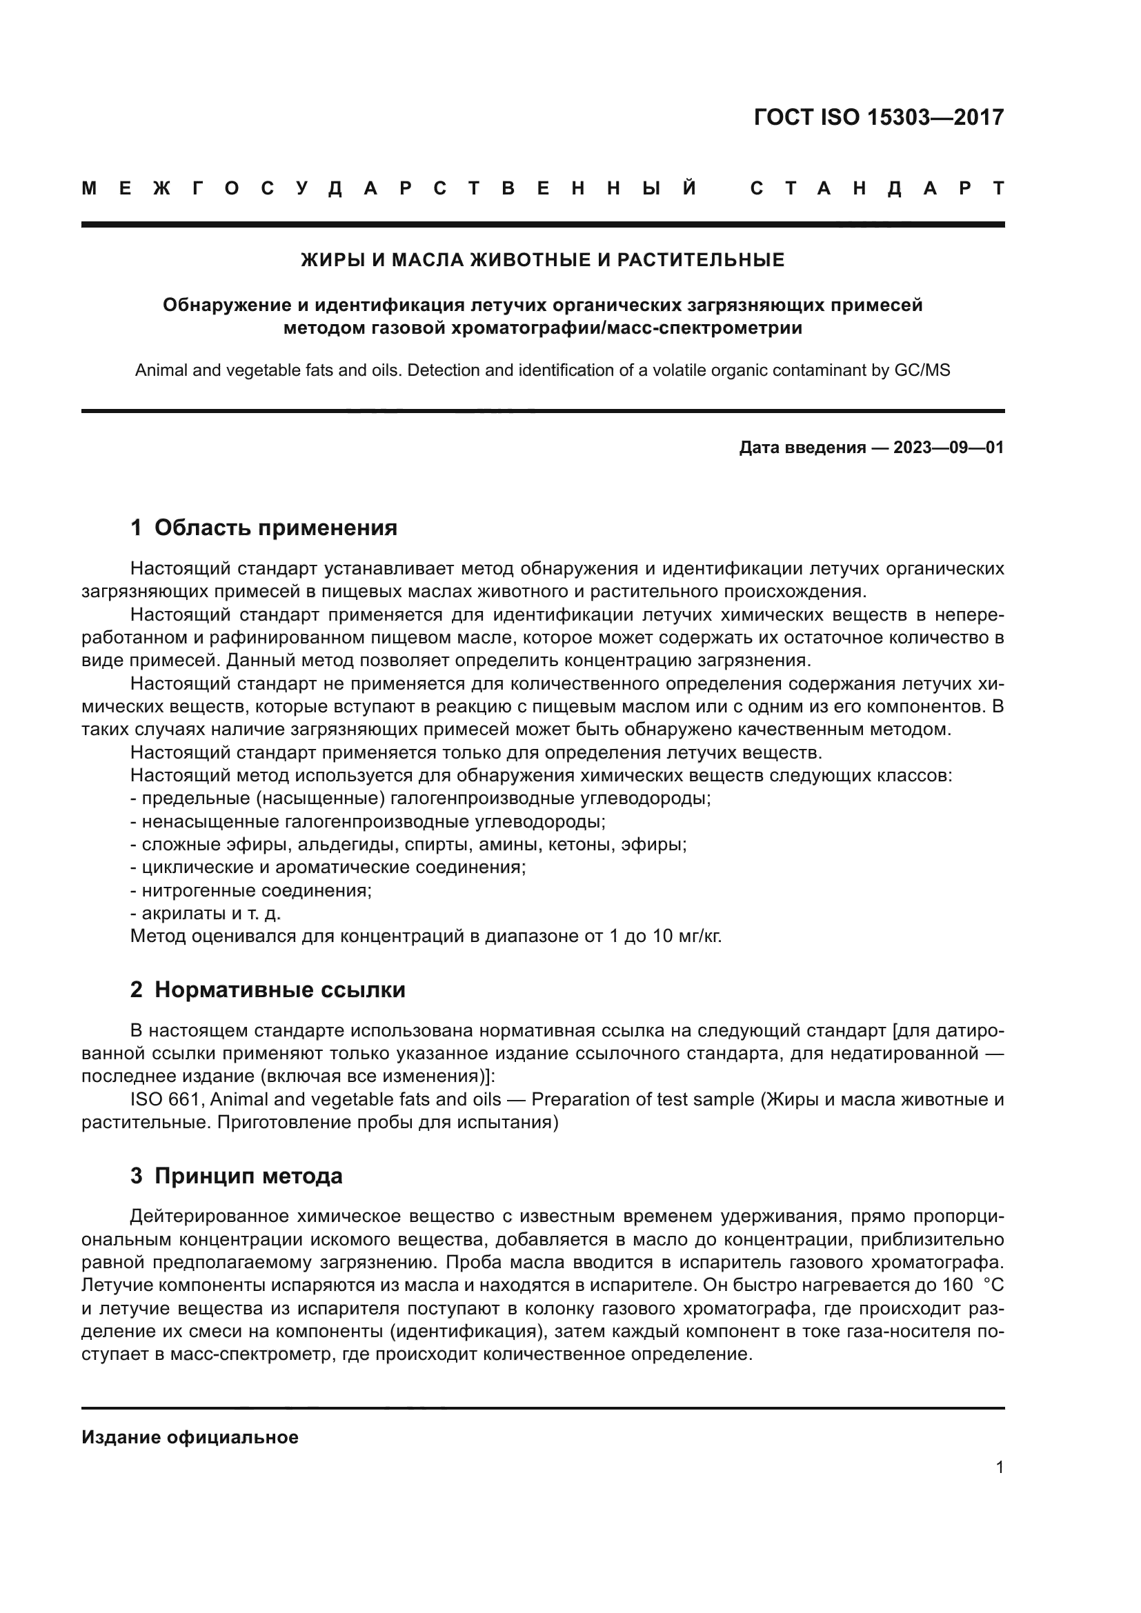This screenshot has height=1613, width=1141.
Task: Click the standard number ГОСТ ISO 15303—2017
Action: (x=878, y=117)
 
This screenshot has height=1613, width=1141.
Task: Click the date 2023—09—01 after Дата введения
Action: (x=949, y=448)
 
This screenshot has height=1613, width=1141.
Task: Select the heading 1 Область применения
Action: (x=264, y=528)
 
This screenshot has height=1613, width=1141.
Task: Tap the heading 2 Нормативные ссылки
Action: (x=268, y=990)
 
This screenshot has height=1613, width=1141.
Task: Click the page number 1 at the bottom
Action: (x=999, y=1467)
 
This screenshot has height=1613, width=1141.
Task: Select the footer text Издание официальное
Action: (x=190, y=1437)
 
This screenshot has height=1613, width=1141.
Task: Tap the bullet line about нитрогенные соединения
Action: (x=251, y=891)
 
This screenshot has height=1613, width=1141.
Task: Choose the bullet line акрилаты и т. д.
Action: (x=206, y=913)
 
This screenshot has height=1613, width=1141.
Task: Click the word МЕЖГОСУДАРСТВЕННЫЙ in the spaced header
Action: (x=390, y=188)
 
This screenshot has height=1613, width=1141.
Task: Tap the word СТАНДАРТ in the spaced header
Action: (x=877, y=188)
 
